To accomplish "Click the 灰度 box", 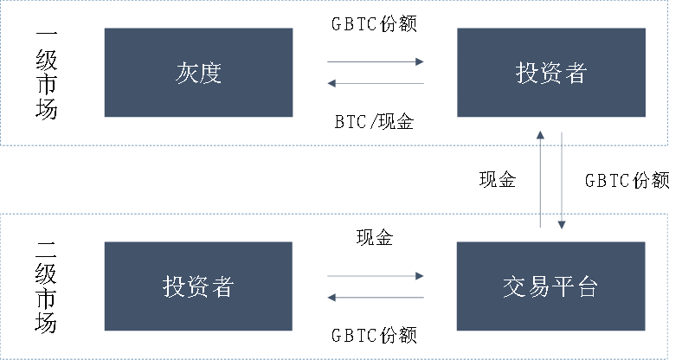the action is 198,72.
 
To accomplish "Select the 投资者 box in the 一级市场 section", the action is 551,72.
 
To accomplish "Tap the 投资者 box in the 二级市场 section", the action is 198,286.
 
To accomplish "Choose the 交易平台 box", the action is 550,286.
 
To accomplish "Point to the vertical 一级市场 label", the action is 46,74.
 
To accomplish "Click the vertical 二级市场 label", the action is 46,288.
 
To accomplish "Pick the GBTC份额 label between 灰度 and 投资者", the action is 374,23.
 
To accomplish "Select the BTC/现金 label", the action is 374,122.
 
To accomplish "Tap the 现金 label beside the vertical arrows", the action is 498,179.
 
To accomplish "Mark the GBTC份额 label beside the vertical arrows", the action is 627,181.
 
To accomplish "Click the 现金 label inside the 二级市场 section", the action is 375,237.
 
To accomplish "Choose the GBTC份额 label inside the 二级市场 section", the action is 374,335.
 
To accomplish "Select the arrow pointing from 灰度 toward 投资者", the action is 376,61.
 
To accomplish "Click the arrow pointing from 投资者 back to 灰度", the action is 376,83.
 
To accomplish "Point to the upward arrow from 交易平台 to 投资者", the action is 540,179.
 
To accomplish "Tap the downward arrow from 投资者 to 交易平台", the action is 562,181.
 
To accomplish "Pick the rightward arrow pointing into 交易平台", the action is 376,276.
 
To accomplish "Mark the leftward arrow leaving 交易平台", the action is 376,298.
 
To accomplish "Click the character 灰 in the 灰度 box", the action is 187,73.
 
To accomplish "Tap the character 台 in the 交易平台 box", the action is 587,287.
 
